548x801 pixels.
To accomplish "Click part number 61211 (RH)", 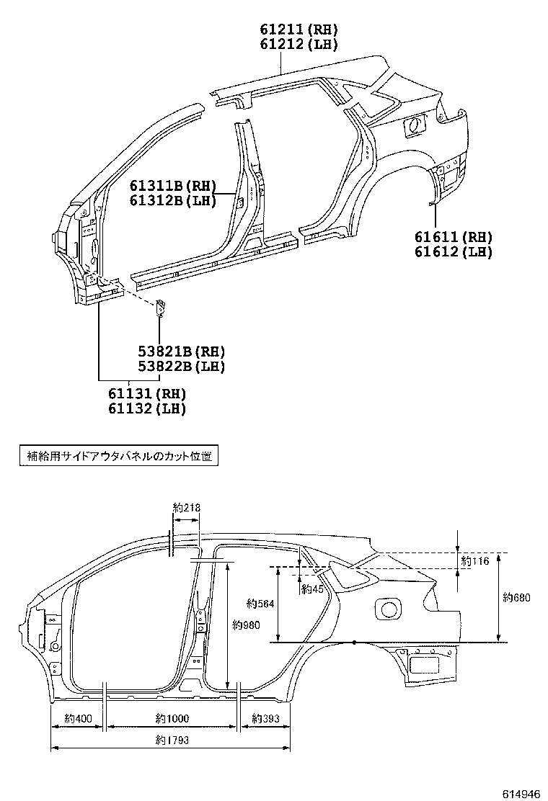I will pos(299,30).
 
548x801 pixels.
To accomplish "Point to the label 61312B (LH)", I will pos(173,201).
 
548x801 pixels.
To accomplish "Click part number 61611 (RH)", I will pos(453,238).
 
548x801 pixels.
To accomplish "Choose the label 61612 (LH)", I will pos(453,251).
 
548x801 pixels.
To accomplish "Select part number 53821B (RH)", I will pos(182,352).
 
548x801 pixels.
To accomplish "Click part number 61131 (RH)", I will pos(147,394).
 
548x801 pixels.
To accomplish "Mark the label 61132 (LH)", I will pos(147,408).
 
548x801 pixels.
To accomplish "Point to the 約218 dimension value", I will pos(187,508).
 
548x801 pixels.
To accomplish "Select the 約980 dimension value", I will pos(246,625).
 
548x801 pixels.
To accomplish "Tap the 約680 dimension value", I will pos(516,596).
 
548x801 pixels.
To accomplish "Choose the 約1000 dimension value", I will pos(172,718).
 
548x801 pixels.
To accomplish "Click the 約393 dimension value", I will pos(265,718).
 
